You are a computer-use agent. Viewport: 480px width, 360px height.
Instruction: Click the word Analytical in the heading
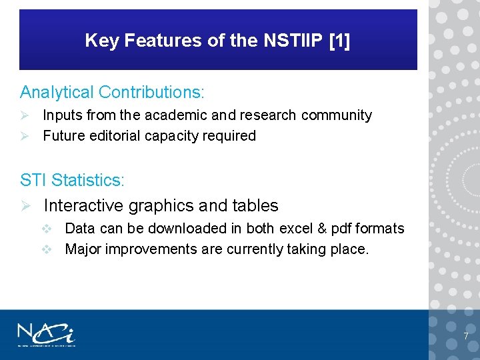(x=57, y=91)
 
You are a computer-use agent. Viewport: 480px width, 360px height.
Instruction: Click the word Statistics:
(x=88, y=180)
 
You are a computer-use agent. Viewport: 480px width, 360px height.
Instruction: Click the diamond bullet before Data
(x=47, y=229)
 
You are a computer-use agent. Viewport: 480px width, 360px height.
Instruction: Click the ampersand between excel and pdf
(x=321, y=229)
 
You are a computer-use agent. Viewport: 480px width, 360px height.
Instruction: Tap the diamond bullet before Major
(x=47, y=249)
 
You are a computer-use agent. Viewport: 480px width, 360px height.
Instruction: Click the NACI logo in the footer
(x=46, y=334)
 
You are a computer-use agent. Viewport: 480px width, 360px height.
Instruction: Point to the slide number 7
(x=465, y=336)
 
